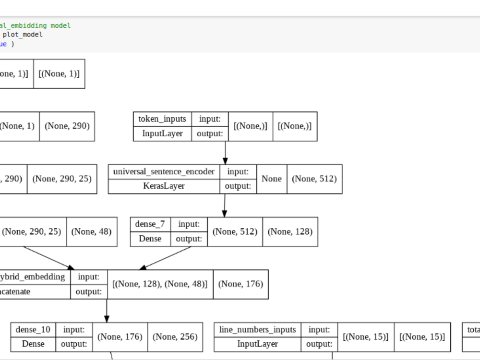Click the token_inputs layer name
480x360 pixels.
(162, 119)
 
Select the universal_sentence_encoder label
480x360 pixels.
(164, 172)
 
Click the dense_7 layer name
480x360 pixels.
(150, 224)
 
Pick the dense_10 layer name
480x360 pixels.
(33, 329)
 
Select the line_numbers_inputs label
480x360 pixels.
(258, 329)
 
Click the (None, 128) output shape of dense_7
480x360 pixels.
(290, 231)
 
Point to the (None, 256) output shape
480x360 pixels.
(175, 336)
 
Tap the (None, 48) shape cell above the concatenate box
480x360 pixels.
(91, 231)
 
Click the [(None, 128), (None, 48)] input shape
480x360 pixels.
(160, 284)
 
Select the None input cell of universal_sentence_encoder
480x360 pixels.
(272, 179)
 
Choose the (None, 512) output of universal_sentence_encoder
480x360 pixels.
(314, 179)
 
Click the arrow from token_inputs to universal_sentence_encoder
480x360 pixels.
(225, 153)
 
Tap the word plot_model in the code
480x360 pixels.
(23, 35)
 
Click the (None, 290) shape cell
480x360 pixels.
(67, 126)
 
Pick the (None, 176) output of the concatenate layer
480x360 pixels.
(240, 284)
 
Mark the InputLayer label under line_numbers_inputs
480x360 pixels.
(258, 344)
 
